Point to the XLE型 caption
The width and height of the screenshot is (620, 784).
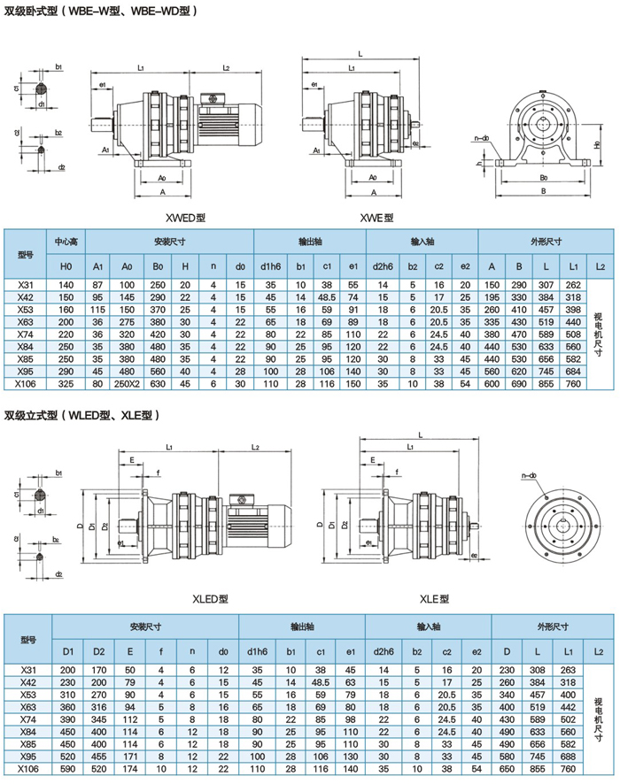point(435,599)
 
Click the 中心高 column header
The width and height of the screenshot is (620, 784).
point(67,241)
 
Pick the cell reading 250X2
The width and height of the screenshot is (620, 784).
point(128,385)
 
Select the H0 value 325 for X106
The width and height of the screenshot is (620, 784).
point(66,385)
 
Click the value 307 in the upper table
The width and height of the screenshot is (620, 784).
point(546,284)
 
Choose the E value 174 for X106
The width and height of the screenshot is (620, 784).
point(130,770)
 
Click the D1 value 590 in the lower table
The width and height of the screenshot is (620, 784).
point(67,770)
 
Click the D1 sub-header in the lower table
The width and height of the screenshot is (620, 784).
point(67,651)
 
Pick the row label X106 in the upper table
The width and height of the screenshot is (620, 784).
point(27,385)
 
